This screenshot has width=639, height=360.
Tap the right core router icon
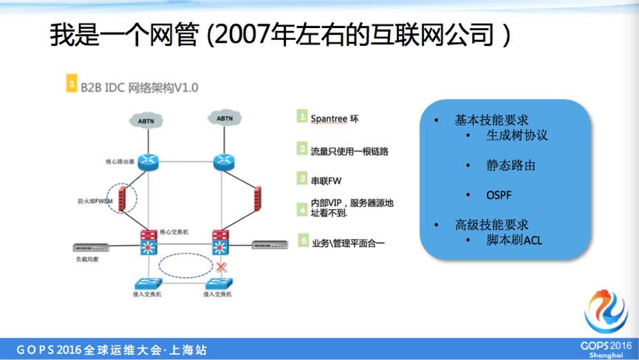click(222, 161)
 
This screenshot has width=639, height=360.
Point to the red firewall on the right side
click(259, 198)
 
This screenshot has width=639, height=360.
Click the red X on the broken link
click(219, 266)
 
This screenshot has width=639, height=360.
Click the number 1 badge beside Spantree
click(301, 117)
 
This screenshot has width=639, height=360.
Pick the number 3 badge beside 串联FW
click(301, 178)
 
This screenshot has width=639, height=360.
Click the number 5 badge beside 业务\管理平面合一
click(301, 241)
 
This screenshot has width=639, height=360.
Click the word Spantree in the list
click(329, 118)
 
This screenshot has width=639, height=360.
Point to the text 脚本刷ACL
click(514, 240)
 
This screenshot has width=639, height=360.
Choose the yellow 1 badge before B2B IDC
click(72, 86)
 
